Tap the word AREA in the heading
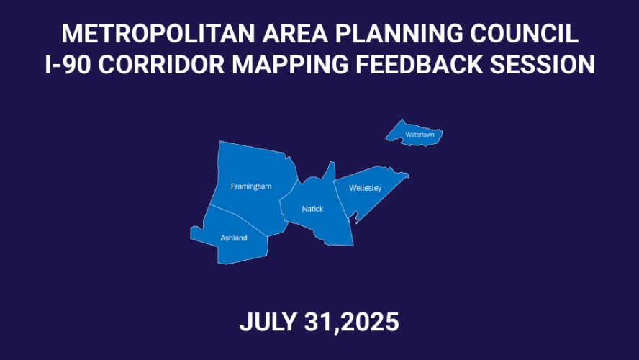(x=295, y=33)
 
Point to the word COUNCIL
(x=524, y=33)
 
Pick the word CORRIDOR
(x=161, y=64)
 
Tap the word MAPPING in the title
(x=290, y=64)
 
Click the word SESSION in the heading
(x=543, y=64)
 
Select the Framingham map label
(x=251, y=186)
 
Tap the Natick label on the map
(x=312, y=209)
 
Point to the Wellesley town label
(x=365, y=188)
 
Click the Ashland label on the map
(x=234, y=238)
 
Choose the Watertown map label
(x=420, y=135)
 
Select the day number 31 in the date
(x=319, y=322)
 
